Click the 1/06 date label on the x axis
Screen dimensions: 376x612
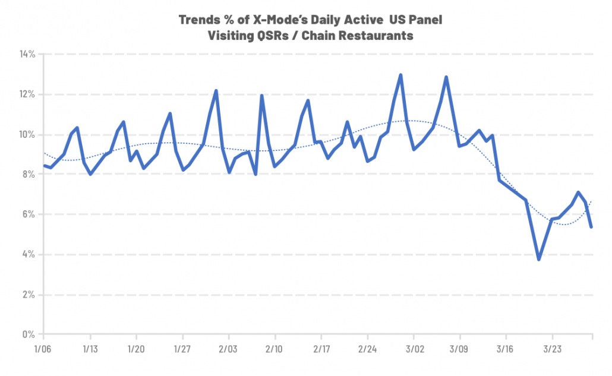43,347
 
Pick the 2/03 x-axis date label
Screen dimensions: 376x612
228,347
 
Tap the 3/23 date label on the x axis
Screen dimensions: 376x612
551,347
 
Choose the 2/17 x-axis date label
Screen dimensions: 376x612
321,347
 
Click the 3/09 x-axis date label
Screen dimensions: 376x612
459,347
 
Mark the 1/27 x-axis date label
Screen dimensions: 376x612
182,347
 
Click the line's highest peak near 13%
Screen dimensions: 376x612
400,75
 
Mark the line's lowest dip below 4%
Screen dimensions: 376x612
539,259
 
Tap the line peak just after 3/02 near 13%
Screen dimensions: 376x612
446,77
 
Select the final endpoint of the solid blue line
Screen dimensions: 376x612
592,227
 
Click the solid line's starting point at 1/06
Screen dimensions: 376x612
44,166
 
